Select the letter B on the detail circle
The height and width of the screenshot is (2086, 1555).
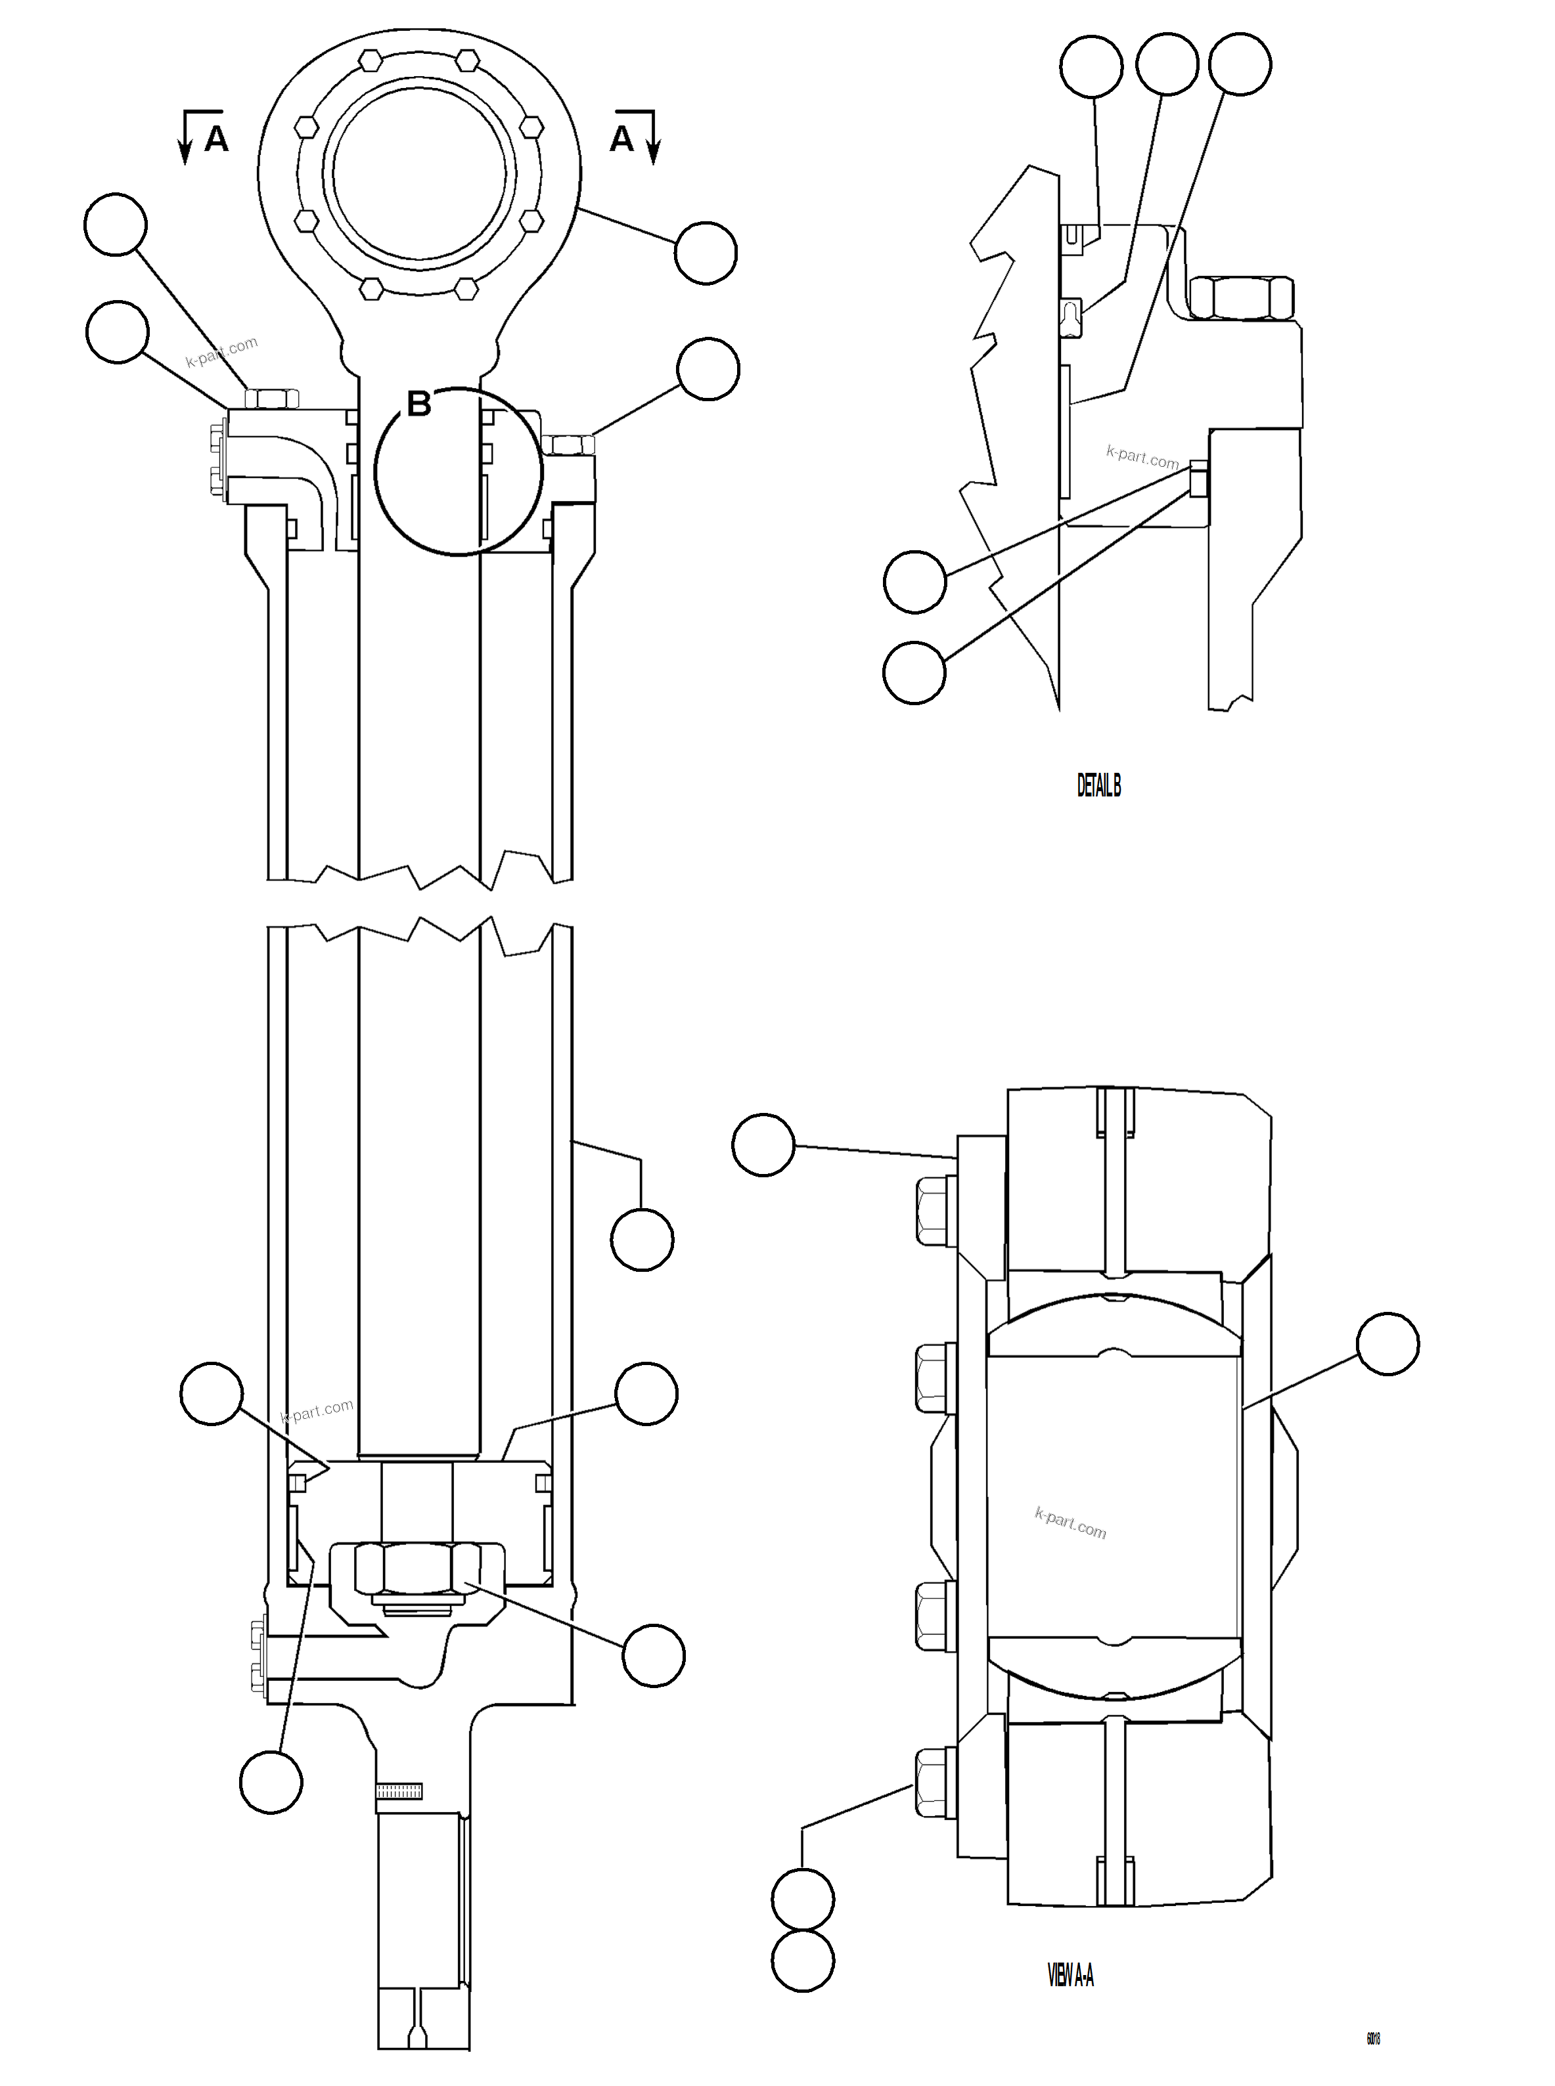tap(419, 404)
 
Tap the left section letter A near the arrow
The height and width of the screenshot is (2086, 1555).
tap(215, 139)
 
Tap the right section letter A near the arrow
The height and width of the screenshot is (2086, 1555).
tap(622, 139)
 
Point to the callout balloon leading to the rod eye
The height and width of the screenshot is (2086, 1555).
tap(706, 252)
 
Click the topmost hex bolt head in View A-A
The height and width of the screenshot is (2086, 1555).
tap(935, 1211)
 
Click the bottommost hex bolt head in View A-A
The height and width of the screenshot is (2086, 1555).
tap(935, 1781)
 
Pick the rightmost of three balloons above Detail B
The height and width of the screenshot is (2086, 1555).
tap(1240, 64)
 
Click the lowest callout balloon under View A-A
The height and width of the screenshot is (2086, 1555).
tap(802, 1960)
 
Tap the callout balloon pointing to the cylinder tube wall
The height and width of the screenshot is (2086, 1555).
tap(642, 1240)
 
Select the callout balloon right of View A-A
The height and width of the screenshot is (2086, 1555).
tap(1387, 1345)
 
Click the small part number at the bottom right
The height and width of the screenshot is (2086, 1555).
tap(1373, 2038)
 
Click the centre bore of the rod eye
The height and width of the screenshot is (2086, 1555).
tap(419, 174)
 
